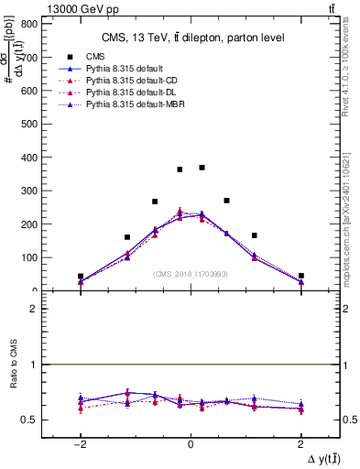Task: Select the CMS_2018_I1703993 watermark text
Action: [190, 274]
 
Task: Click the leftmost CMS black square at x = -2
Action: [81, 276]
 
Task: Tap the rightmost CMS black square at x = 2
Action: [300, 276]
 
